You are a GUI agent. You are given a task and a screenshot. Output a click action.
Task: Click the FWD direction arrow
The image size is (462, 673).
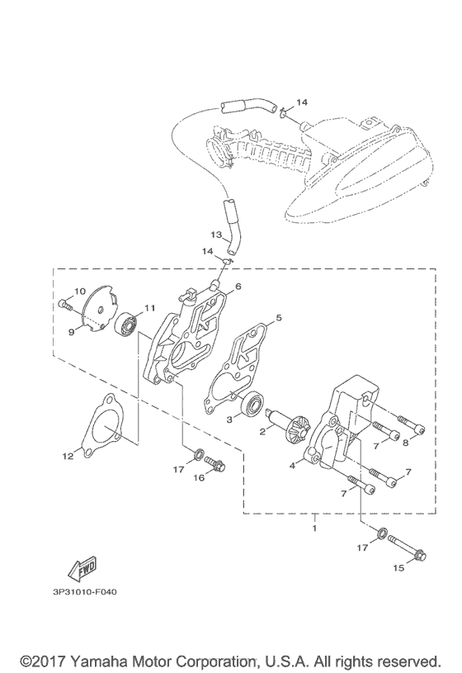pos(82,568)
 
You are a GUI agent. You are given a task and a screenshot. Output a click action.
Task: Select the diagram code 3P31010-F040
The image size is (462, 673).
pos(85,592)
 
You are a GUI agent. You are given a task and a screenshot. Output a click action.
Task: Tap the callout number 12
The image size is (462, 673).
pos(68,457)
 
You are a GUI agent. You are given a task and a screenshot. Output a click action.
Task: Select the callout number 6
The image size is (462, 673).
pos(238,287)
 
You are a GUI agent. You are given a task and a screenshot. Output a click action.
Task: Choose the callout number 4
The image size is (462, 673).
pos(292,465)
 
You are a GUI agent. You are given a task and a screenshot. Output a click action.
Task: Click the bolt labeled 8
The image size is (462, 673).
pos(412,425)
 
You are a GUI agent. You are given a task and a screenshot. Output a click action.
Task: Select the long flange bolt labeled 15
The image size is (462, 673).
pos(407,547)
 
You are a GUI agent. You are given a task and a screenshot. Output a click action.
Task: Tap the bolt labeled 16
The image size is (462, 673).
pos(215,462)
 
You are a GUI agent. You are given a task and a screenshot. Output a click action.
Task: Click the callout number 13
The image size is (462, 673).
pos(217,235)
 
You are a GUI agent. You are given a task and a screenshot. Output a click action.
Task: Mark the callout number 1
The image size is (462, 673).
pos(314,528)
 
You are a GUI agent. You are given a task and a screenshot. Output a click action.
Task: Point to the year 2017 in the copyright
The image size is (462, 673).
pos(49,660)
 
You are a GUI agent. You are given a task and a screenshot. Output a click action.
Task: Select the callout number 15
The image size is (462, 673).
pos(398,568)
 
